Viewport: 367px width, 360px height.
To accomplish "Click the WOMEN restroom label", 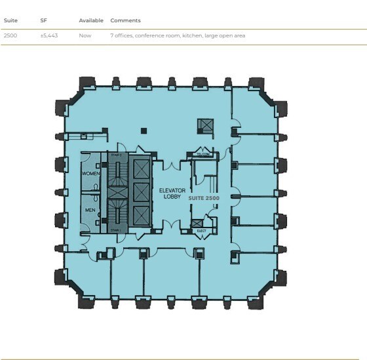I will click(x=90, y=174).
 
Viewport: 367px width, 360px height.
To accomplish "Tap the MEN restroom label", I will click(x=90, y=210).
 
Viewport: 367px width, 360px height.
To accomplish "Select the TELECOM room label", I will click(x=203, y=155).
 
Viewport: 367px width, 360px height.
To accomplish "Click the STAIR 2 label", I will click(x=117, y=155).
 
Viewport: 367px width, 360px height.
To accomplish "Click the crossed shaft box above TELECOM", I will click(x=206, y=126).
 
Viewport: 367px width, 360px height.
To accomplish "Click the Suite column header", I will click(x=10, y=21).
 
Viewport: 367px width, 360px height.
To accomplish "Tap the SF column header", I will click(x=43, y=21).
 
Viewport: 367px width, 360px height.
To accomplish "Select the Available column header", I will click(x=91, y=21).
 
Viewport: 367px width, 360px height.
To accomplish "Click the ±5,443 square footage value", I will click(x=49, y=35).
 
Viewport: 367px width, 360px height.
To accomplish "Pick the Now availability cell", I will click(x=85, y=35).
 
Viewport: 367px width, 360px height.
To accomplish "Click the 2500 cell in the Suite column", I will click(x=10, y=35).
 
